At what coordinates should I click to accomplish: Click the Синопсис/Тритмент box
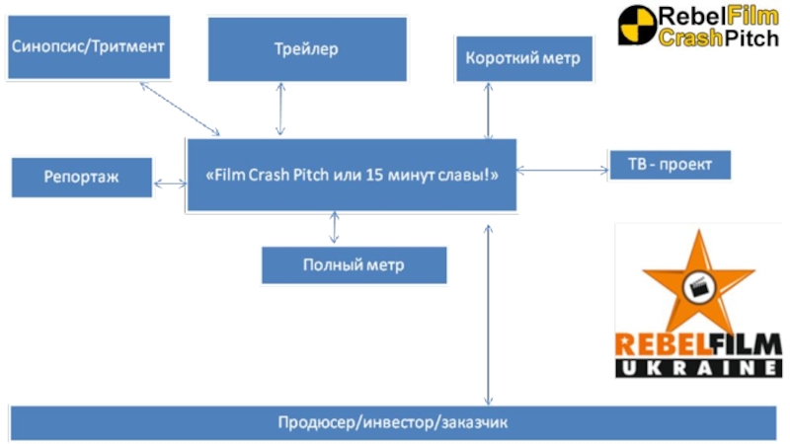pos(87,46)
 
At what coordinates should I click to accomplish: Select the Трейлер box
pos(306,48)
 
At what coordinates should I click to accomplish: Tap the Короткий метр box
pos(523,58)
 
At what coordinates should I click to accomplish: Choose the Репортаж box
pos(82,178)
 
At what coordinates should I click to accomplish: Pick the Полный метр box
pos(354,264)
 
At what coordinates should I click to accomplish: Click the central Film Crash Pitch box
pos(352,175)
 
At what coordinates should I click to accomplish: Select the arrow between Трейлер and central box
pos(281,109)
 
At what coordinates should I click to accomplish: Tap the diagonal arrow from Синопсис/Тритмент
pos(180,109)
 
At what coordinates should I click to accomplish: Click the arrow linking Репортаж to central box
pos(170,182)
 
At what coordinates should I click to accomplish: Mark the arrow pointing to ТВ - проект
pos(562,171)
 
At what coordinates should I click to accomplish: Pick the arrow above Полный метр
pos(335,228)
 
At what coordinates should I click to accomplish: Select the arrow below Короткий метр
pos(488,110)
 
